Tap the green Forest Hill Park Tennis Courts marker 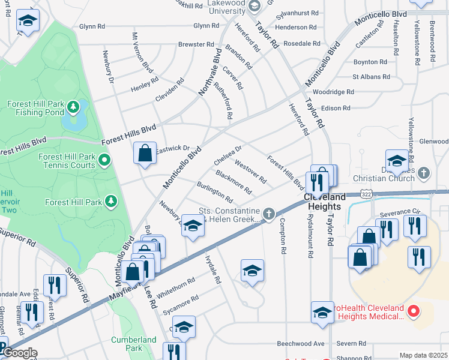coord(104,160)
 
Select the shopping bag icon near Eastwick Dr coord(145,153)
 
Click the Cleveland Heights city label coord(324,201)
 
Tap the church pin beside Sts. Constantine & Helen coord(270,212)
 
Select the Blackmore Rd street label coord(233,182)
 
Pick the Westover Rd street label coord(250,171)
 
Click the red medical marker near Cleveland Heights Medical coord(413,311)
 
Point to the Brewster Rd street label coord(195,44)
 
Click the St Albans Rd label coord(371,77)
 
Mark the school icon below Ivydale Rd coord(252,271)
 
